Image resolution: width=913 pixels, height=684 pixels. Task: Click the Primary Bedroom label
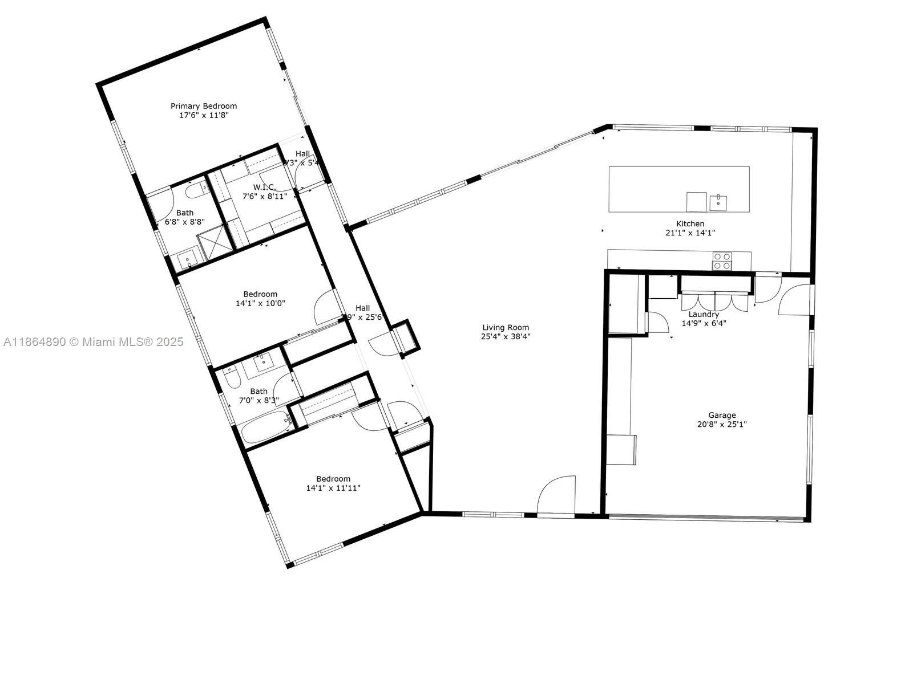click(204, 106)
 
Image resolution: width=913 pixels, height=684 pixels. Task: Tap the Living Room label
click(506, 327)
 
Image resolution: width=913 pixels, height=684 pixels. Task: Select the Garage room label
click(722, 415)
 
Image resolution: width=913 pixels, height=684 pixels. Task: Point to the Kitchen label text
click(690, 223)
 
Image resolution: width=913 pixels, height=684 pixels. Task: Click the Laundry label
click(704, 314)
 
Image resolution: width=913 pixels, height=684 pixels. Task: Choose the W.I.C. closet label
click(264, 187)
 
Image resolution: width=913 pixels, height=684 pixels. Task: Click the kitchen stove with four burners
click(721, 260)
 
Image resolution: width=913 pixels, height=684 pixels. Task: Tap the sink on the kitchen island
click(718, 202)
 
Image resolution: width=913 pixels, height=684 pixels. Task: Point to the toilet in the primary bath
click(195, 189)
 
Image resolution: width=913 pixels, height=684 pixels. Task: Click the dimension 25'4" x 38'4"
click(506, 336)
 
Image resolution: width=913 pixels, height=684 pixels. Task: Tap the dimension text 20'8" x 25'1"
click(722, 424)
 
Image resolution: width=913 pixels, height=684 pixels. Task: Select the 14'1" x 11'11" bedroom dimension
click(333, 488)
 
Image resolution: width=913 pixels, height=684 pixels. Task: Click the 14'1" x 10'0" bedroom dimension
click(260, 303)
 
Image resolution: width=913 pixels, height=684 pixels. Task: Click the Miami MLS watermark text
click(93, 342)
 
